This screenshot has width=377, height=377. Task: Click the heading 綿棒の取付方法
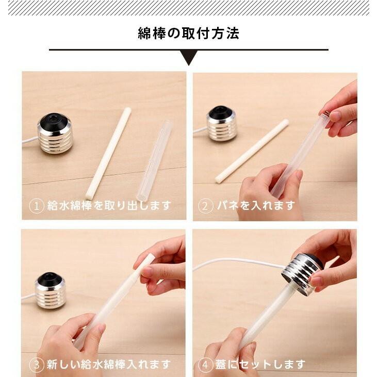[x=188, y=34]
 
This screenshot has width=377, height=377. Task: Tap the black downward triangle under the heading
[x=189, y=57]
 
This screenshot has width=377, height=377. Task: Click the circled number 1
[x=36, y=206]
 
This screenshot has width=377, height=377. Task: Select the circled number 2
[x=206, y=206]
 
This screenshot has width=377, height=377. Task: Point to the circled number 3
[x=36, y=365]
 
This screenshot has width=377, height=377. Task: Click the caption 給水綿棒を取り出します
[x=109, y=206]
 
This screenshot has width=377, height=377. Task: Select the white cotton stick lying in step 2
[x=252, y=151]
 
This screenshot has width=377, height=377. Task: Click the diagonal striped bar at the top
[x=188, y=8]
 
